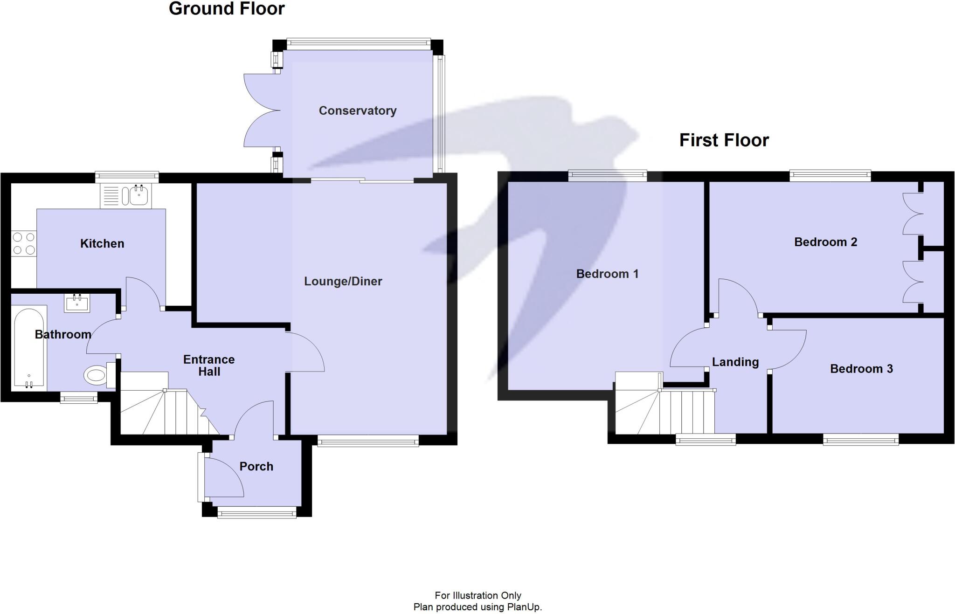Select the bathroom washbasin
pyautogui.click(x=77, y=303)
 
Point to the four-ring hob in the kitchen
pyautogui.click(x=24, y=243)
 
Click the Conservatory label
pyautogui.click(x=357, y=110)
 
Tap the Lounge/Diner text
pyautogui.click(x=343, y=281)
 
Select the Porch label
pyautogui.click(x=256, y=466)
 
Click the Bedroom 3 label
pyautogui.click(x=861, y=369)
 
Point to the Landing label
pyautogui.click(x=735, y=362)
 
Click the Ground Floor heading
pyautogui.click(x=227, y=9)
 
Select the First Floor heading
pyautogui.click(x=724, y=140)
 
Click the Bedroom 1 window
pyautogui.click(x=607, y=176)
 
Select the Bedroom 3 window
pyautogui.click(x=860, y=439)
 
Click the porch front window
pyautogui.click(x=256, y=513)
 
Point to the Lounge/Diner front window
pyautogui.click(x=368, y=441)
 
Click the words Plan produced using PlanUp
pyautogui.click(x=477, y=607)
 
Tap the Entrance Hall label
pyautogui.click(x=208, y=366)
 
